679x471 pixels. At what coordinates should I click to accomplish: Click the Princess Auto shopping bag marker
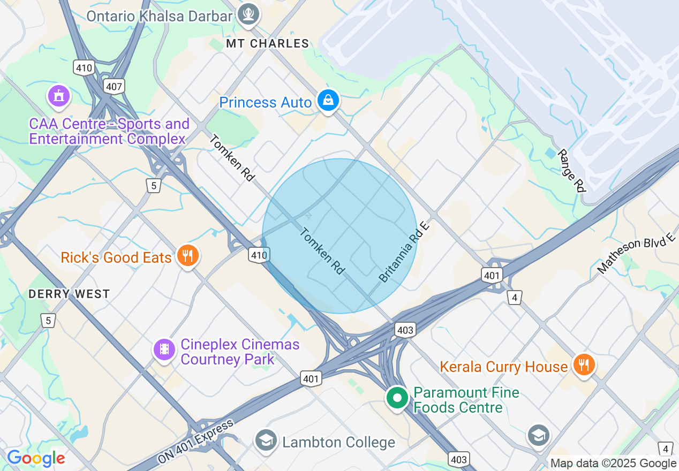[x=328, y=100]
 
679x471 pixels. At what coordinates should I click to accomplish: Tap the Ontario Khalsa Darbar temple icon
[x=248, y=13]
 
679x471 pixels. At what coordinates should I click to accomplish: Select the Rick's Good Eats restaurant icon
[x=187, y=256]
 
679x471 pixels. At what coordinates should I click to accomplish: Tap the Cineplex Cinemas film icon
[x=164, y=350]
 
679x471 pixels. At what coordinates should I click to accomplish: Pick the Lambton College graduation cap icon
[x=266, y=440]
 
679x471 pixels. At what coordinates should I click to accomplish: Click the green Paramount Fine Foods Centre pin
[x=397, y=399]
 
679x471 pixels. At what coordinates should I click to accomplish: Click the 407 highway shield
[x=115, y=86]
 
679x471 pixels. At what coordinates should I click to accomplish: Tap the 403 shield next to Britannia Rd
[x=405, y=330]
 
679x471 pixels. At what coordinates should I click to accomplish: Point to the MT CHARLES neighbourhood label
[x=268, y=44]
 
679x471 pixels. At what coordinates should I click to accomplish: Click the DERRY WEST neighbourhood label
[x=69, y=294]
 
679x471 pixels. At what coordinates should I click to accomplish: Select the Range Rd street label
[x=571, y=170]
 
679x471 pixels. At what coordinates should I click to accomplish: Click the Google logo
[x=36, y=458]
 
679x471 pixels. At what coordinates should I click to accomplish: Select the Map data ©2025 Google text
[x=613, y=464]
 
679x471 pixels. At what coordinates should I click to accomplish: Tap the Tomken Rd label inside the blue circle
[x=322, y=251]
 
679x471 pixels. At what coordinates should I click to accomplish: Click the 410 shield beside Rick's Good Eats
[x=259, y=255]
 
